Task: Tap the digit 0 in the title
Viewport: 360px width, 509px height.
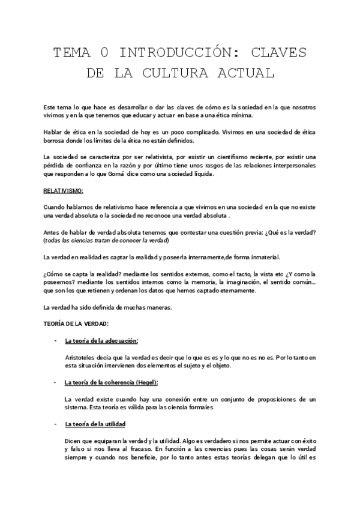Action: (104, 53)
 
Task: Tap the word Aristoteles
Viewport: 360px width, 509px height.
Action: (82, 358)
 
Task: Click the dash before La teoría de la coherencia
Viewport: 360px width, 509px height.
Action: (55, 382)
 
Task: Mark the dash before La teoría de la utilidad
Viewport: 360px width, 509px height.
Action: (55, 424)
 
